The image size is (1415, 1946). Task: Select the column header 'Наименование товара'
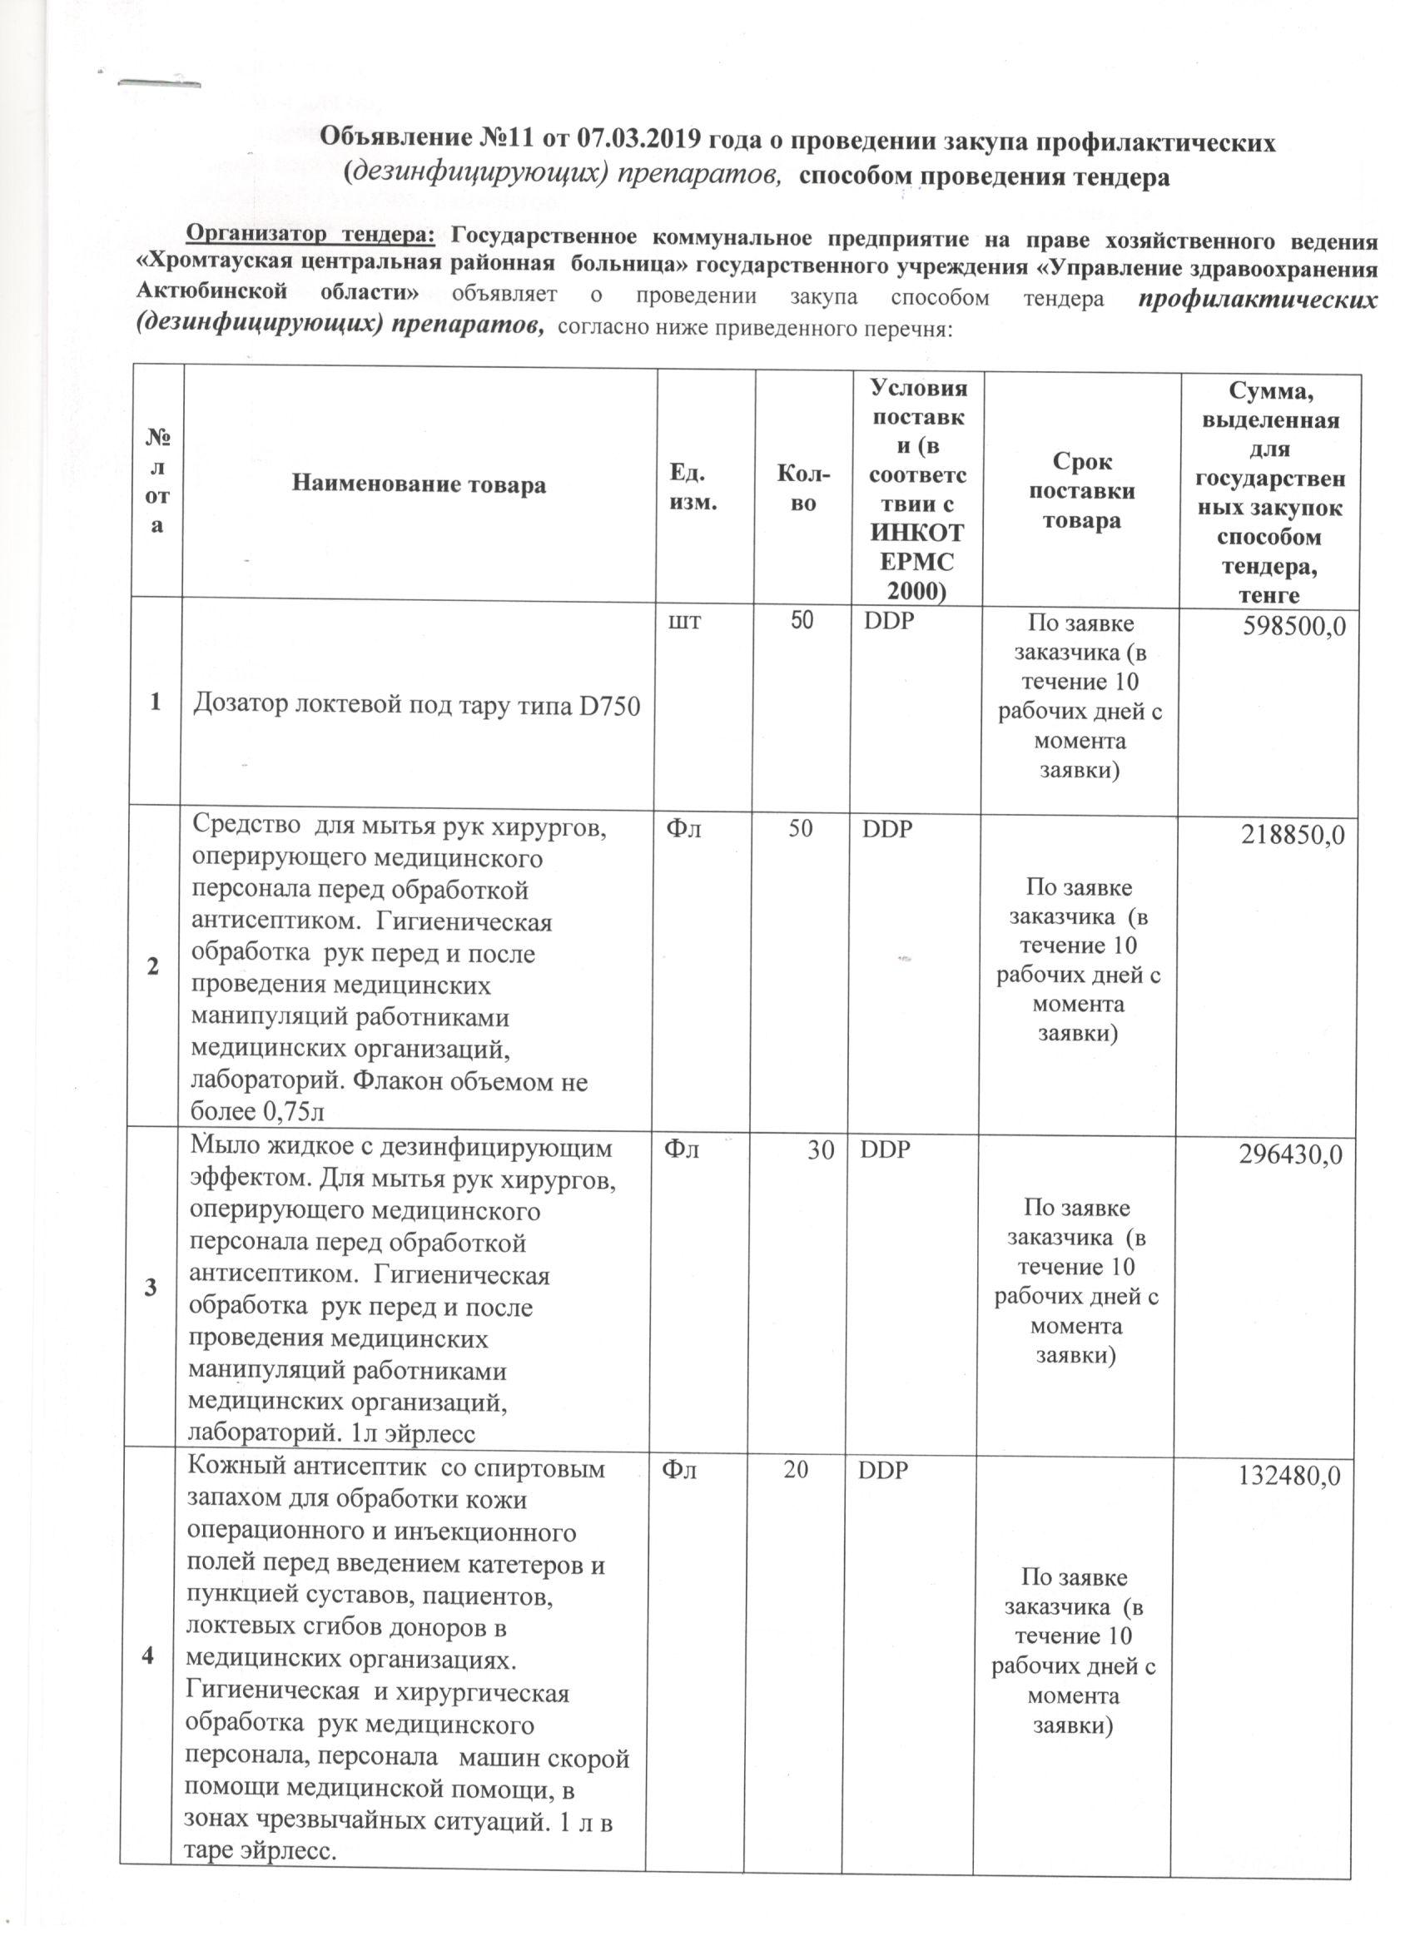point(419,484)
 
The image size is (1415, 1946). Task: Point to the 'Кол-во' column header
point(802,486)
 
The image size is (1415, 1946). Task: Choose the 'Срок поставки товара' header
point(1081,491)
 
